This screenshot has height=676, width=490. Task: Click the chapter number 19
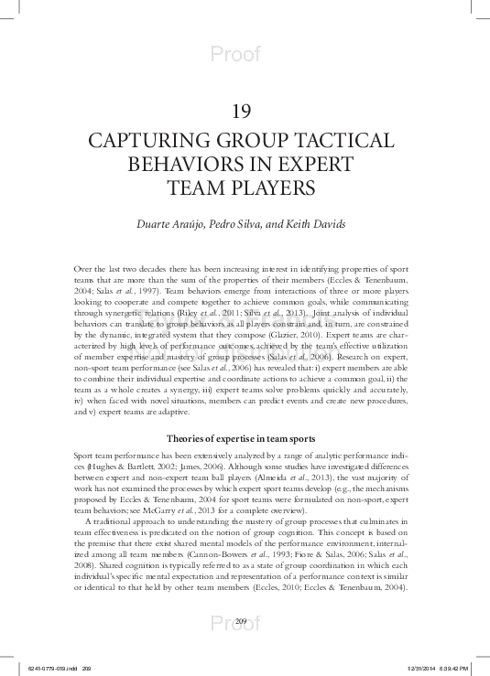point(242,113)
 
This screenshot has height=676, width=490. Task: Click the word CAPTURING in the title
point(136,142)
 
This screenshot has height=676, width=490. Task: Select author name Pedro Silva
point(245,225)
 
